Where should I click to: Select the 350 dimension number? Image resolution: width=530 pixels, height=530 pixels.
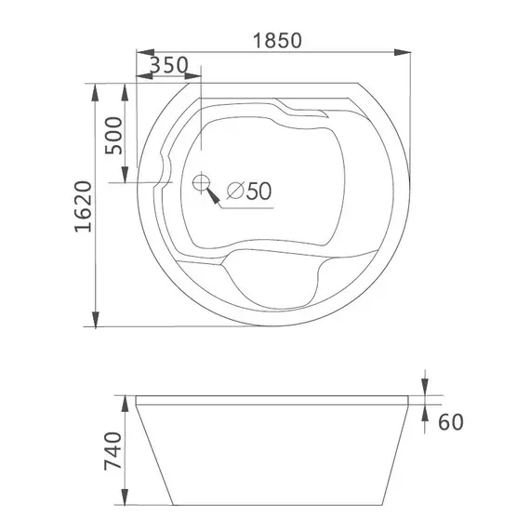[168, 65]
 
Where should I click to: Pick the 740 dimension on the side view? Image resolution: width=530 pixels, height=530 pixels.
[113, 454]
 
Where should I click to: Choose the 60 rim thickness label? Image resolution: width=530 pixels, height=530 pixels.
[450, 422]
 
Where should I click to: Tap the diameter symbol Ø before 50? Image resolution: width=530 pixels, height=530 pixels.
[234, 191]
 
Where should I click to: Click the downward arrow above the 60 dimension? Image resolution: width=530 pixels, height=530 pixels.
[424, 386]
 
